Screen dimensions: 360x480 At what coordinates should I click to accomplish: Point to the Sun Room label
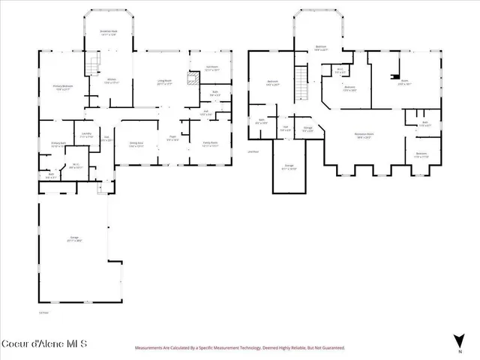pos(211,67)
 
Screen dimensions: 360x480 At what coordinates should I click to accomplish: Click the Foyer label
pos(172,138)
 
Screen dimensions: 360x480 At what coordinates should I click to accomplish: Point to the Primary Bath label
pos(59,144)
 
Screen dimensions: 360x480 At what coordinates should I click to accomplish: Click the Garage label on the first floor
pos(74,239)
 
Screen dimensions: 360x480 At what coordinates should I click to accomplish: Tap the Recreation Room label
pos(364,136)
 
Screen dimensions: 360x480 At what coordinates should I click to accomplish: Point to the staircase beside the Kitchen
pos(94,66)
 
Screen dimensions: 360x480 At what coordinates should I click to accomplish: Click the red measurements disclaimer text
pos(239,348)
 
